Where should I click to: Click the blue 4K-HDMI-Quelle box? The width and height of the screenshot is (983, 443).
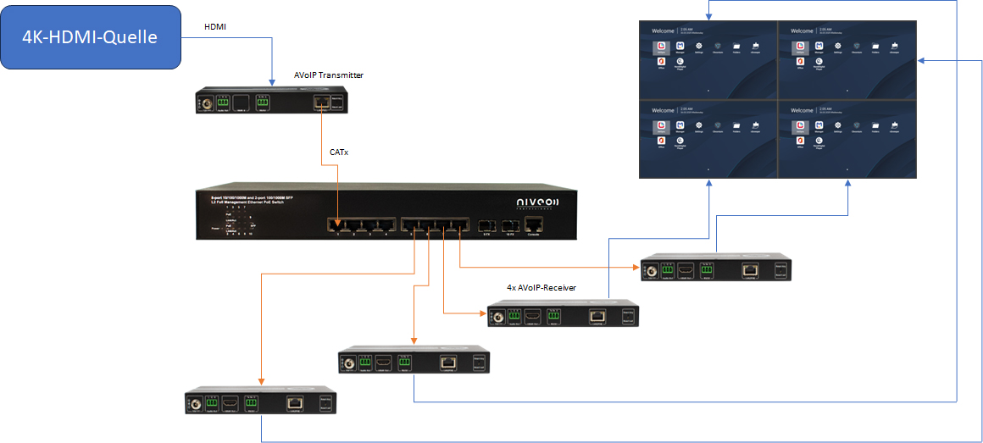point(91,37)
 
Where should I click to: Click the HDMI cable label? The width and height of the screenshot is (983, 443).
point(215,27)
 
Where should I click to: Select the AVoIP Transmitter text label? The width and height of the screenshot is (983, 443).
point(329,75)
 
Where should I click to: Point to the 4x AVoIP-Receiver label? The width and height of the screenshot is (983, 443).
point(541,288)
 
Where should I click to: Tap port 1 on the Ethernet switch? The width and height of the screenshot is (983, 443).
point(337,225)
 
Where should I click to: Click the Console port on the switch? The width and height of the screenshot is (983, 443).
point(533,224)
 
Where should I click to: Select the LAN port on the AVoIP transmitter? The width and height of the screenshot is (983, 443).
point(321,102)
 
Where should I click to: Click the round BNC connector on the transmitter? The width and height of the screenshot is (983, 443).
point(205,103)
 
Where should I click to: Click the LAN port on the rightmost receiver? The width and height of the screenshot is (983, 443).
point(749,269)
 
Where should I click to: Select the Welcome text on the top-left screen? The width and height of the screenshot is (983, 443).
point(663,31)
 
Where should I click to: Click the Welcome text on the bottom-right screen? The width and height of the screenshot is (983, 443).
point(802,111)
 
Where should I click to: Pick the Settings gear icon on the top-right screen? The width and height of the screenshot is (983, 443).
point(838,47)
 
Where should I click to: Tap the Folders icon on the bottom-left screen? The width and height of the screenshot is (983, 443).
point(736,127)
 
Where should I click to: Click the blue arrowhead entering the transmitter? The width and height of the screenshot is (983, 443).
point(272,83)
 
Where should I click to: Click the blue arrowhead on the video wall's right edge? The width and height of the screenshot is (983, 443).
point(921,60)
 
